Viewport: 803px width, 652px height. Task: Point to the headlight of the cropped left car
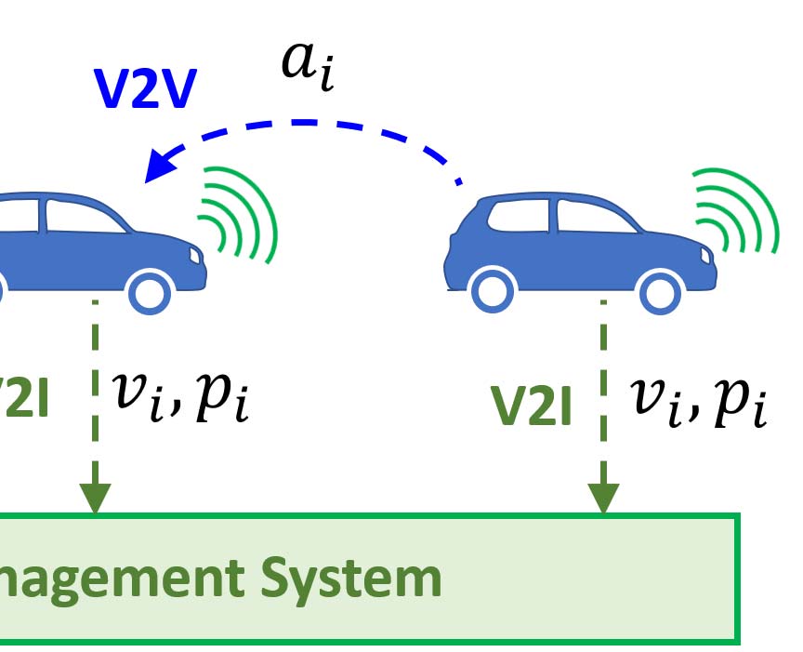pos(193,253)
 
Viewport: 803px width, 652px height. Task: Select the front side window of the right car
pos(591,218)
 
